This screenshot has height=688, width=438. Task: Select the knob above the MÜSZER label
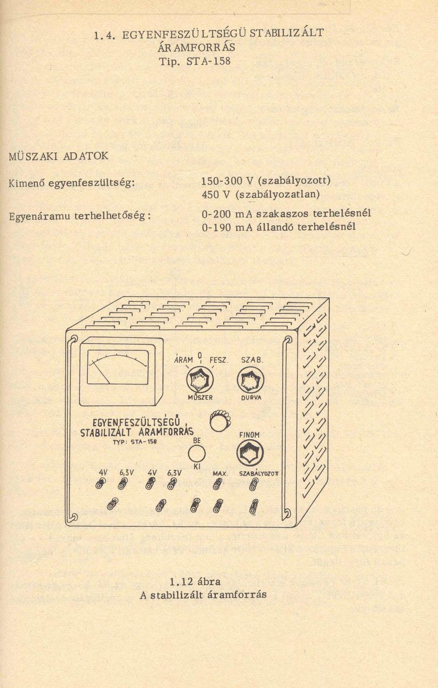pos(200,381)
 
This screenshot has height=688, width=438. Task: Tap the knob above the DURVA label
pos(251,381)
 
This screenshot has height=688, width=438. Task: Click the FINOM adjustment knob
pos(250,453)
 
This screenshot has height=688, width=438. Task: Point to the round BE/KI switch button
pos(196,454)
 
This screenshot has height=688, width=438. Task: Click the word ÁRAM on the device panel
pos(183,360)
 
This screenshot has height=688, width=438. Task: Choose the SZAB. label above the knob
pos(252,360)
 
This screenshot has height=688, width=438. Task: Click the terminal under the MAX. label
pos(217,484)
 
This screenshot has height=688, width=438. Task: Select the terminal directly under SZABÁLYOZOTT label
pos(253,484)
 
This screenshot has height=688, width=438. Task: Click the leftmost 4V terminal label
pos(103,472)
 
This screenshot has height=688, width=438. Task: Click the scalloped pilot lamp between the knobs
pos(218,421)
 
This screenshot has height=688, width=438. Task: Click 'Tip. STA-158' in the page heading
pos(195,61)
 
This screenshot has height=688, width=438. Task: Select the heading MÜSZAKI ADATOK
pos(59,156)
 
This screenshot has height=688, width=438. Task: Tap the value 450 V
pos(213,193)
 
